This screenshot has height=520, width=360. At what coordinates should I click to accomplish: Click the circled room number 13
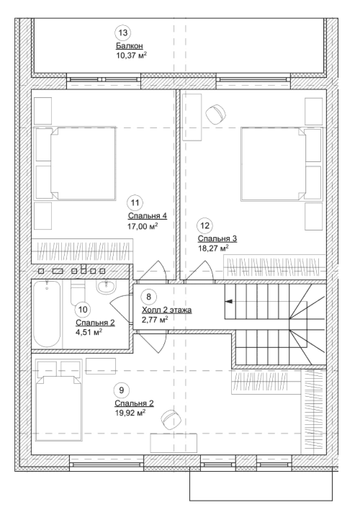[x=123, y=33]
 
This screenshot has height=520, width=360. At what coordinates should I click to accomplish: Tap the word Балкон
[x=129, y=46]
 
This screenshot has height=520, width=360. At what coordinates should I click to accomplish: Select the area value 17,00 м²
[x=143, y=226]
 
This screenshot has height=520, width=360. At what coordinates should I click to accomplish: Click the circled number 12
[x=205, y=225]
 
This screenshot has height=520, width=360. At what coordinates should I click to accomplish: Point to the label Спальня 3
[x=217, y=238]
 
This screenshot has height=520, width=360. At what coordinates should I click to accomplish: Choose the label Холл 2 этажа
[x=167, y=310]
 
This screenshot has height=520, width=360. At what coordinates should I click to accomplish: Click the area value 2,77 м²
[x=155, y=320]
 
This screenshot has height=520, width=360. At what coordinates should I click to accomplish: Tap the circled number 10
[x=83, y=309]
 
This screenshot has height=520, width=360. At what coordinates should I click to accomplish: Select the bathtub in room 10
[x=47, y=314]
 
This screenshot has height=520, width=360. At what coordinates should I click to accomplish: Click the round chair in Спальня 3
[x=216, y=114]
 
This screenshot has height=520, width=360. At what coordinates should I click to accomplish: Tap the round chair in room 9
[x=171, y=420]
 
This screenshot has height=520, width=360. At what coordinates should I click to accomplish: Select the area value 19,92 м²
[x=130, y=413]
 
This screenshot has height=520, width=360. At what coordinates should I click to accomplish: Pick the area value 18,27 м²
[x=213, y=248]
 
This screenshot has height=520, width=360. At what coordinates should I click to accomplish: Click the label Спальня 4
[x=147, y=216]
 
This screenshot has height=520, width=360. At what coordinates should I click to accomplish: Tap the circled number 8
[x=149, y=297]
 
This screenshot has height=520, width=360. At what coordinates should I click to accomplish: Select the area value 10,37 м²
[x=131, y=55]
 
